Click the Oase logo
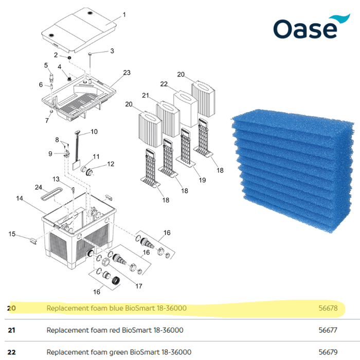[305, 28]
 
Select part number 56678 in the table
[328, 308]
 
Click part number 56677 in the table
[328, 330]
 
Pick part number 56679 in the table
[328, 352]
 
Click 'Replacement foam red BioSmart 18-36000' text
[115, 330]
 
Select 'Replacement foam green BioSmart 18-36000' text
[119, 352]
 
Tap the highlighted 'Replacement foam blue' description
[117, 308]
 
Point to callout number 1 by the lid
[123, 15]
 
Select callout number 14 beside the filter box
[19, 198]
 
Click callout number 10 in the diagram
[94, 132]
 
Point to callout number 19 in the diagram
[202, 180]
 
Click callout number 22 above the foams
[164, 84]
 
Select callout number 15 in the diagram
[11, 235]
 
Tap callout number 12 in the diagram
[111, 164]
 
